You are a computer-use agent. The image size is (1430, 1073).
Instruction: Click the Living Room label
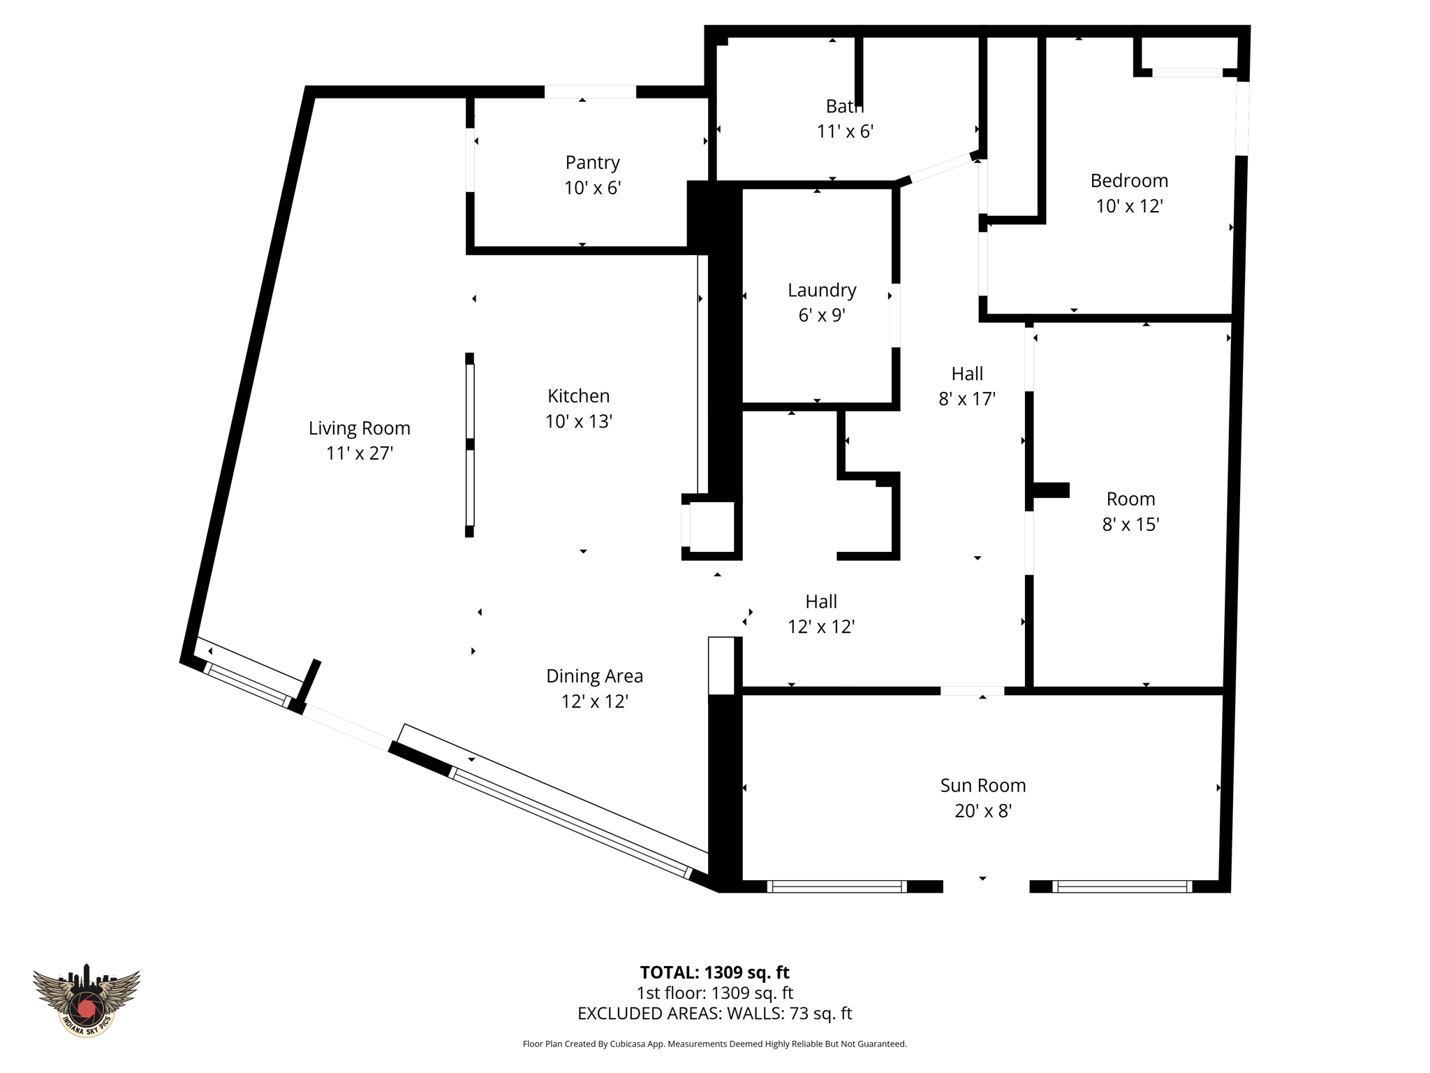click(359, 428)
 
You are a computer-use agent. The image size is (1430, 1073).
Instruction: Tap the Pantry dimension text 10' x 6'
click(592, 188)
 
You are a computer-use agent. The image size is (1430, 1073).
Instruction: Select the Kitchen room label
click(578, 396)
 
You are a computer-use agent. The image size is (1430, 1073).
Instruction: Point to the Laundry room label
click(822, 290)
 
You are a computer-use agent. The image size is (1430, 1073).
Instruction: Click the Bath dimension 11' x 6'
click(845, 131)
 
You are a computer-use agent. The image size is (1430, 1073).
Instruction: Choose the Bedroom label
click(1129, 180)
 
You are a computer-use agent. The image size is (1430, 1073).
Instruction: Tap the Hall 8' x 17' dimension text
click(966, 399)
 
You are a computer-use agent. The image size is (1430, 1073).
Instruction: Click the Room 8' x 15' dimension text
click(1130, 525)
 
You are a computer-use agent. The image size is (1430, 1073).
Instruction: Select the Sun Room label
click(982, 785)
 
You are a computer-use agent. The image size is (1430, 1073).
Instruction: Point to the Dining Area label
click(594, 676)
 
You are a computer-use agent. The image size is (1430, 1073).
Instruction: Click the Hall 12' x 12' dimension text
click(821, 627)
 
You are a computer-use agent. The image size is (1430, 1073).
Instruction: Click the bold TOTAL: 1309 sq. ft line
click(714, 972)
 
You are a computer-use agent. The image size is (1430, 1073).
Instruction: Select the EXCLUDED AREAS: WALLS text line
click(714, 1013)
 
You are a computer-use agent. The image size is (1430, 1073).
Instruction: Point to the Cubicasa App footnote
click(714, 1044)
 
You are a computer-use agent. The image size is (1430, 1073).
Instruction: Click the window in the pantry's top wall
click(590, 92)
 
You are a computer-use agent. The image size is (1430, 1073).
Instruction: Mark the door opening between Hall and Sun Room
click(972, 691)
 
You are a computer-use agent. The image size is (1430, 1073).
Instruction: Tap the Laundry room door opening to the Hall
click(895, 315)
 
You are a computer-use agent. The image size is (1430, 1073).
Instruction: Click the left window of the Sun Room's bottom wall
click(836, 886)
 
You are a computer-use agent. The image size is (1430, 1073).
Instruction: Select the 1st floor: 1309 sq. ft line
click(714, 993)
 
